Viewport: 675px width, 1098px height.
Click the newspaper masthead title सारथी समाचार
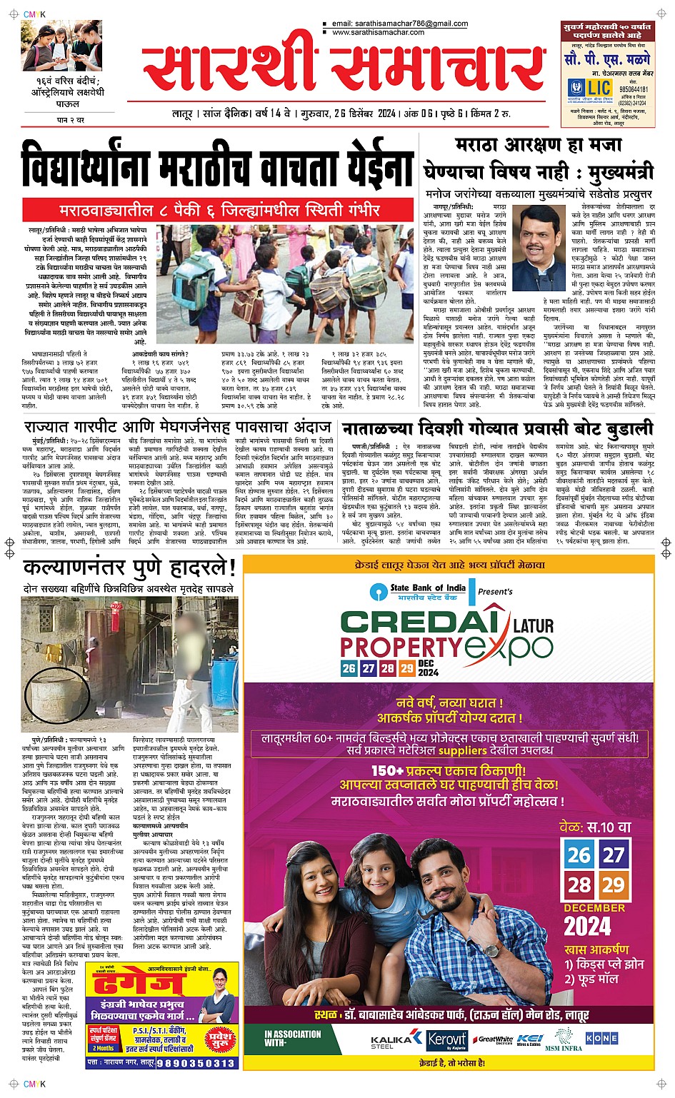[x=334, y=69]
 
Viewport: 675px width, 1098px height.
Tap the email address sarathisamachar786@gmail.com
[x=400, y=24]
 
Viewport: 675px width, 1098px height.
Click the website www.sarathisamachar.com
[x=378, y=32]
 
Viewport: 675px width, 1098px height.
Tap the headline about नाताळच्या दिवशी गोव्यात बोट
[x=497, y=429]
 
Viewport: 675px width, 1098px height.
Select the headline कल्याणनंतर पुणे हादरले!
[x=129, y=568]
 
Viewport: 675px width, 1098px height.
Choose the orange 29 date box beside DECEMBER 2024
[x=613, y=885]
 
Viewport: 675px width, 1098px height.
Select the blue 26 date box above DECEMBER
[x=579, y=855]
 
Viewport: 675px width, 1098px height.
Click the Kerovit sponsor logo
[x=446, y=1040]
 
